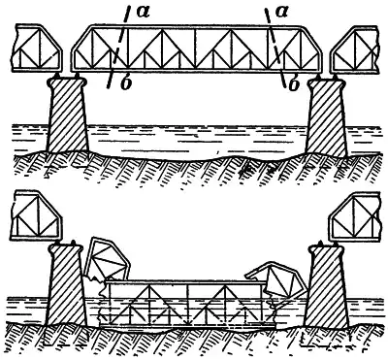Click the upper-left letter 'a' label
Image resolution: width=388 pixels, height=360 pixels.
pos(143,12)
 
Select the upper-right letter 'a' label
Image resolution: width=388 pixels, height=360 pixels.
pos(281,12)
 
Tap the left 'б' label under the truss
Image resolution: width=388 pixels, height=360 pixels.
pos(126,83)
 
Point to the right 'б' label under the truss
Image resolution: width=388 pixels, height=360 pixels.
pos(293,84)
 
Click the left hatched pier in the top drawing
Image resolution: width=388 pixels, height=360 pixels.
pos(67,115)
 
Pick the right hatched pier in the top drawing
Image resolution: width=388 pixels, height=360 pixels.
pos(326,116)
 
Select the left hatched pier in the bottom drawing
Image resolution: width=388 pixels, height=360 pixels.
pos(65,284)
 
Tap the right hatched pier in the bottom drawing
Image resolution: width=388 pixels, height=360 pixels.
pos(326,286)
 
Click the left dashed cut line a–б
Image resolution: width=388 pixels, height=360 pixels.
pos(118,48)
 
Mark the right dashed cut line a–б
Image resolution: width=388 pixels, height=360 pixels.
pos(275,48)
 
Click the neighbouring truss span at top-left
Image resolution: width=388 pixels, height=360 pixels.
pos(37,48)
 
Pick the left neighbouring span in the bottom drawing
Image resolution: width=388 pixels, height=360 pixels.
pos(37,216)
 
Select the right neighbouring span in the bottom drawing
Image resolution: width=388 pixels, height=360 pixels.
pos(354,217)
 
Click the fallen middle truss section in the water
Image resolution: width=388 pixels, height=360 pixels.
pos(187,304)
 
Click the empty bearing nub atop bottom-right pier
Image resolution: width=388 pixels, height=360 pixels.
pos(320,243)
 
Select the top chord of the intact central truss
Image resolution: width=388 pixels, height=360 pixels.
pos(196,26)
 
